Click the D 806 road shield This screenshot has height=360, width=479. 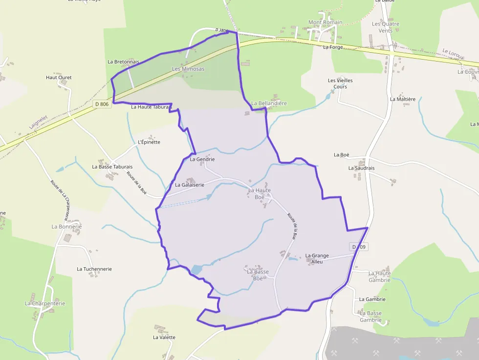102,104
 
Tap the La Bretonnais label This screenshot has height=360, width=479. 124,62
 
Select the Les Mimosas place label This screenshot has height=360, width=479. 188,69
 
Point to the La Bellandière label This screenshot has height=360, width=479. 269,104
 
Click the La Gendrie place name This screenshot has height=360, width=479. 202,159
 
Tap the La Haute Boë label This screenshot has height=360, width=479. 259,193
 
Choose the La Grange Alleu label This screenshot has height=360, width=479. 317,258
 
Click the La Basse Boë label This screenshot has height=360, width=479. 258,275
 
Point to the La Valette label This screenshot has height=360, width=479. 164,338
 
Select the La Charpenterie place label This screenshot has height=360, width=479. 45,303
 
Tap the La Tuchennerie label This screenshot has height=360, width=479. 94,269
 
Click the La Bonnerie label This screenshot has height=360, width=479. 67,227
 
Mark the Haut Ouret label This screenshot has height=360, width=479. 59,78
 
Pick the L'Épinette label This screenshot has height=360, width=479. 149,142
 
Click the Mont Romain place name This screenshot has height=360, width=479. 326,22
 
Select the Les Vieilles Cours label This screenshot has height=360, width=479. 340,84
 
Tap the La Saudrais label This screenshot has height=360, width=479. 362,168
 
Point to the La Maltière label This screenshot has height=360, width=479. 403,99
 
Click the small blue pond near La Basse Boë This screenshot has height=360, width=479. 196,270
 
